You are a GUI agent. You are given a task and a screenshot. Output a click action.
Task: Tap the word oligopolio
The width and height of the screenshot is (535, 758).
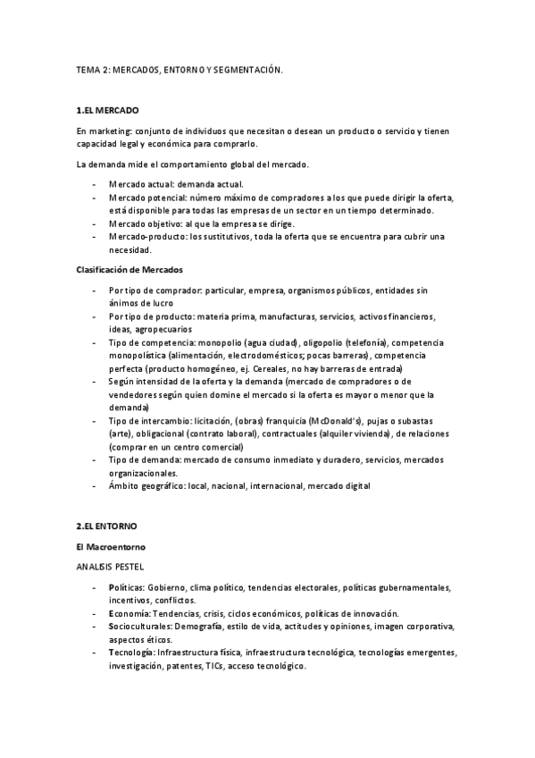[x=327, y=343]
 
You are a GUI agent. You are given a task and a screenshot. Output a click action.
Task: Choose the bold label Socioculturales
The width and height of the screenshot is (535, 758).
[x=139, y=627]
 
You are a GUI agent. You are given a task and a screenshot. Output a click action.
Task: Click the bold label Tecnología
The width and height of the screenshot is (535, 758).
[x=130, y=653]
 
